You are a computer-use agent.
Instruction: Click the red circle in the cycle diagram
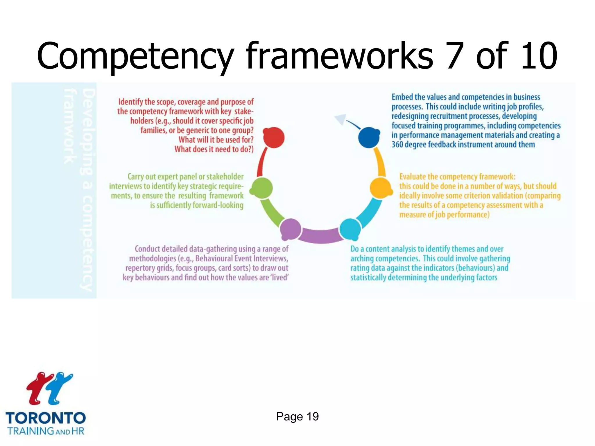pos(274,138)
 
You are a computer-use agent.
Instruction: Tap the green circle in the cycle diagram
pos(262,188)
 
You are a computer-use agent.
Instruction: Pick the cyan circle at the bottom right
pos(350,229)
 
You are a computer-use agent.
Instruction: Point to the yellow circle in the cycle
pos(381,188)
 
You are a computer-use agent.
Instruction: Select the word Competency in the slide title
pos(135,57)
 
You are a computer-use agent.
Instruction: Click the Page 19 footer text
pos(297,416)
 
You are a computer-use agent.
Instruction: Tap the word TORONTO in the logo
pos(46,418)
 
